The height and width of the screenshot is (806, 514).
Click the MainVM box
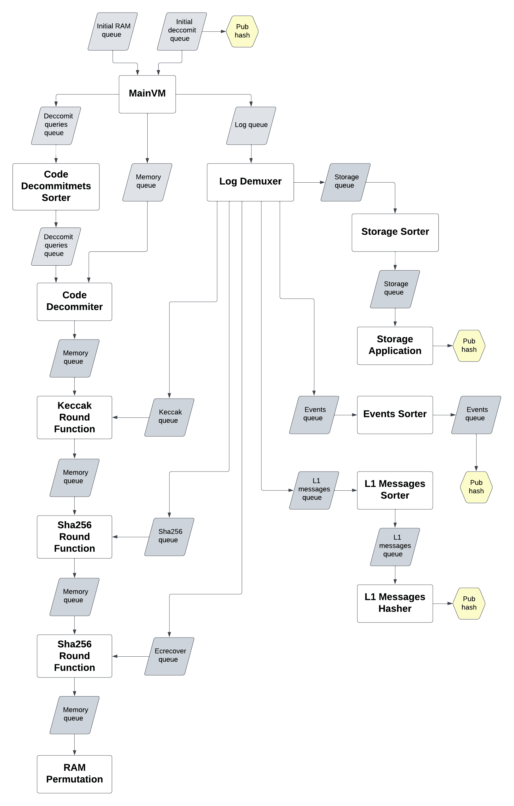point(147,94)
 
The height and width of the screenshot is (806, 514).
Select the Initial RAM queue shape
point(113,31)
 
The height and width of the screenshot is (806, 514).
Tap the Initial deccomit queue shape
point(182,31)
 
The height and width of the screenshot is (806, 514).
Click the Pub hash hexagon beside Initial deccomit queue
point(242,31)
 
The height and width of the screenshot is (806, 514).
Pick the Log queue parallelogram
point(251,125)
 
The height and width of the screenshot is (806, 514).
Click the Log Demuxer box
point(250,182)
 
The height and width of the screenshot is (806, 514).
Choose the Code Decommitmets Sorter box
point(56,186)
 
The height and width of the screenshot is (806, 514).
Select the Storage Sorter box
point(395,232)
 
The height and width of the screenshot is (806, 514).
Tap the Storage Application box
point(395,345)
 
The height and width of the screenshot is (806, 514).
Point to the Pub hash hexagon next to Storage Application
point(469,345)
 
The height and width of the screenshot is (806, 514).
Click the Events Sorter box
point(395,415)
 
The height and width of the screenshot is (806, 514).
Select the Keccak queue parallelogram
point(169,417)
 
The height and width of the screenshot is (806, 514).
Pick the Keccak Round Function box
point(74,417)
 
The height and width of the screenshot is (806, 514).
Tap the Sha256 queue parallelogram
point(169,537)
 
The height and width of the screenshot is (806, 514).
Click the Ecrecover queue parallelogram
point(169,656)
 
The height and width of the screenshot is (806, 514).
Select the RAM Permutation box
point(74,774)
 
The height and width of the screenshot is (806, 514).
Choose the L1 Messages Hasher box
point(395,603)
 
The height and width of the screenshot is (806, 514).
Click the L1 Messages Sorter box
point(395,490)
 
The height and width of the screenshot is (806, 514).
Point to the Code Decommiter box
point(74,301)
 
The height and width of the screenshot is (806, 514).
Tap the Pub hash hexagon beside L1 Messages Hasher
point(469,603)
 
